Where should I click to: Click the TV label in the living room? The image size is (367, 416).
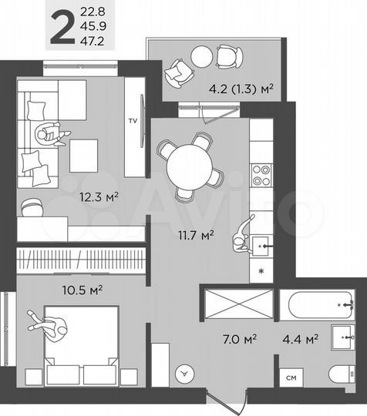pyautogui.click(x=133, y=121)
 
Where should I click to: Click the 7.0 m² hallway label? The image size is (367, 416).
pyautogui.click(x=240, y=337)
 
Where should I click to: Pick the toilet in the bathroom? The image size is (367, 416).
pyautogui.click(x=344, y=375)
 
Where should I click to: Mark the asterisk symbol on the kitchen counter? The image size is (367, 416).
pyautogui.click(x=262, y=272)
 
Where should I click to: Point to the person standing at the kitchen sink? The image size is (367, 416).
pyautogui.click(x=243, y=230)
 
